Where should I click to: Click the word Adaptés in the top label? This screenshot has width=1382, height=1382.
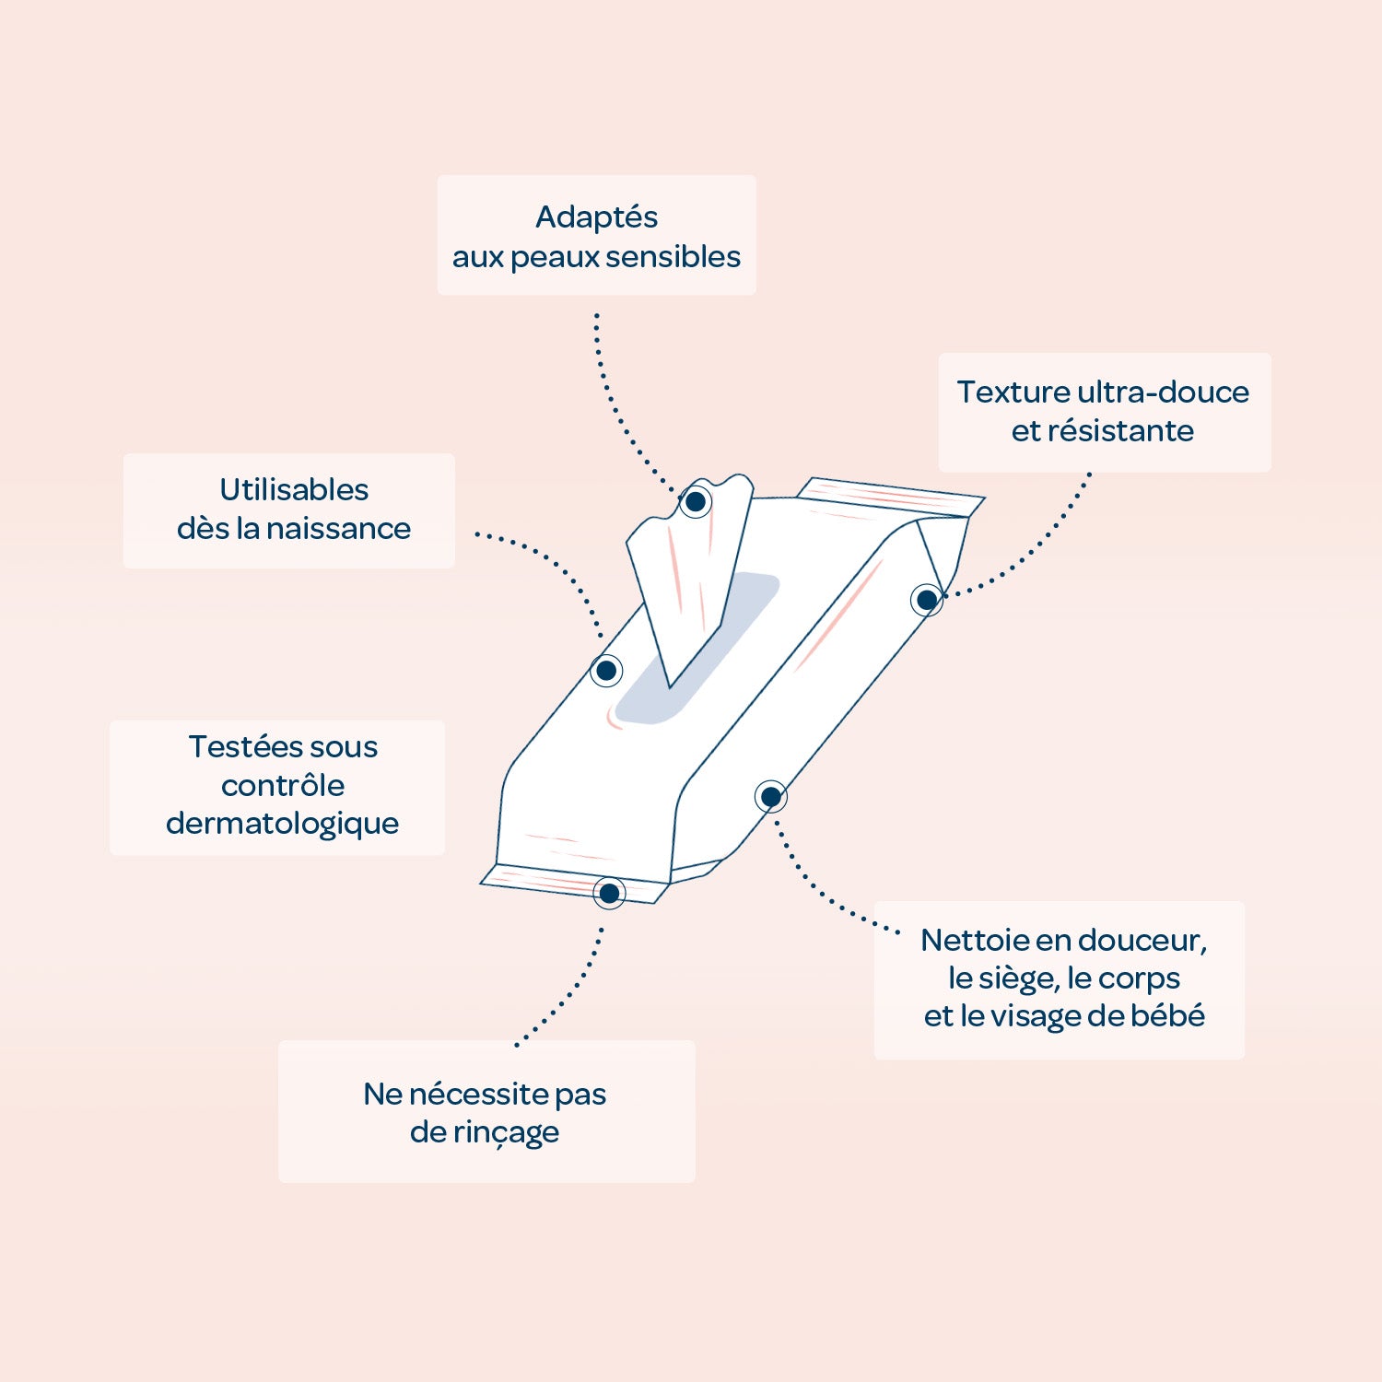(596, 218)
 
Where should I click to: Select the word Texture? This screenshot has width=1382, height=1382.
(1013, 392)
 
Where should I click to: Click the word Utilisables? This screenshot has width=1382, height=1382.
(294, 489)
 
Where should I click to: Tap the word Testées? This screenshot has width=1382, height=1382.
(244, 746)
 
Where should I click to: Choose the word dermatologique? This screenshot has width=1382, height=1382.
(282, 825)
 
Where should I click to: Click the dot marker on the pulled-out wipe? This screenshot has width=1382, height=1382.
(696, 501)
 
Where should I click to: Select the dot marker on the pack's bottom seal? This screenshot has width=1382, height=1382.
(609, 893)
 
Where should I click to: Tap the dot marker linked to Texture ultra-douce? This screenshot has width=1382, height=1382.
(927, 600)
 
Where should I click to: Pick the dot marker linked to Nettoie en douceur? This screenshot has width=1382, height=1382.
(771, 797)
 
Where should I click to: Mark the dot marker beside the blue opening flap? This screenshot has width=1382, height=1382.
(606, 671)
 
